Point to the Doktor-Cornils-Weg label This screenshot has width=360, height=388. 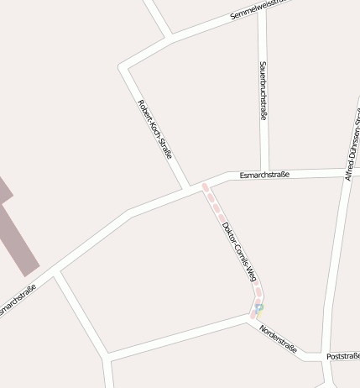pyautogui.click(x=238, y=249)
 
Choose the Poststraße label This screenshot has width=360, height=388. pyautogui.click(x=343, y=356)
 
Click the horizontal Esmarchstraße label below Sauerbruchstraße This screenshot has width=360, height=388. pyautogui.click(x=264, y=175)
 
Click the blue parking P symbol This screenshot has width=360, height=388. pyautogui.click(x=259, y=308)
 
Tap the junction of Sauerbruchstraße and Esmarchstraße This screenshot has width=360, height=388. pyautogui.click(x=264, y=174)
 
